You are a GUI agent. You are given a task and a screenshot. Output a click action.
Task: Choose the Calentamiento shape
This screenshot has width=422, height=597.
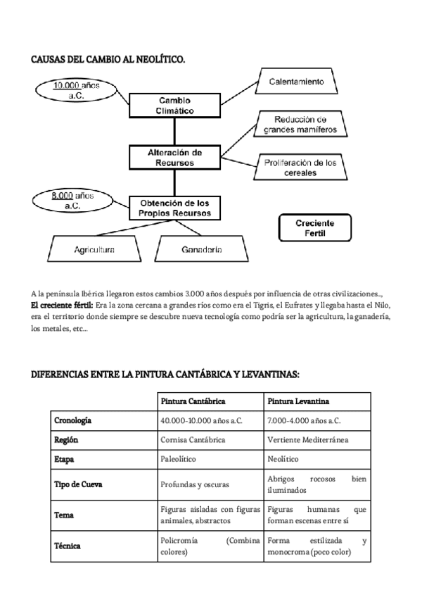296,83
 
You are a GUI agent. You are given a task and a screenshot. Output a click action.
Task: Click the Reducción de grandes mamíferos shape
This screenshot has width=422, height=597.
300,125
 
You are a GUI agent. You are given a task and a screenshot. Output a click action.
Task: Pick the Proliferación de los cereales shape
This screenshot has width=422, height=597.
300,168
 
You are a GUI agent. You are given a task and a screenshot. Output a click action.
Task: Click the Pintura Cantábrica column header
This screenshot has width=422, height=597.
193,401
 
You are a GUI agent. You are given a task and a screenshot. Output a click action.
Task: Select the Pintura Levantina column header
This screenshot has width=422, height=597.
295,401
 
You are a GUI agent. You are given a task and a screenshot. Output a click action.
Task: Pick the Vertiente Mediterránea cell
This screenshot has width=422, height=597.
308,439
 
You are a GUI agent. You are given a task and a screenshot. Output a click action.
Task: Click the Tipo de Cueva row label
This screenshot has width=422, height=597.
79,485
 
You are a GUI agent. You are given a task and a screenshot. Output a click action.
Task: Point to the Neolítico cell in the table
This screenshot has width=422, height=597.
283,458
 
